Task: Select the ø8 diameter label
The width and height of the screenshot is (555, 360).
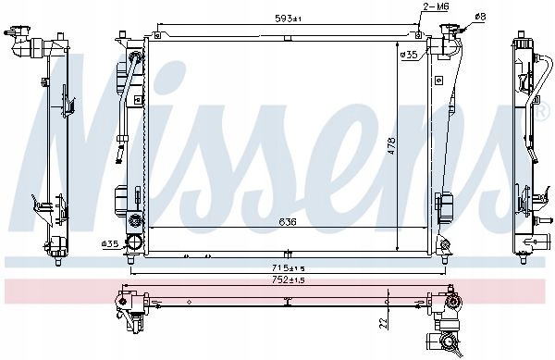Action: click(479, 17)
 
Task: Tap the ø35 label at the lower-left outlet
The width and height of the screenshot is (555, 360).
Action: click(110, 244)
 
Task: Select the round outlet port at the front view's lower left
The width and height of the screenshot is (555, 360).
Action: click(135, 243)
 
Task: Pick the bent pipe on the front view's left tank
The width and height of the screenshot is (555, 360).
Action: click(129, 93)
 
